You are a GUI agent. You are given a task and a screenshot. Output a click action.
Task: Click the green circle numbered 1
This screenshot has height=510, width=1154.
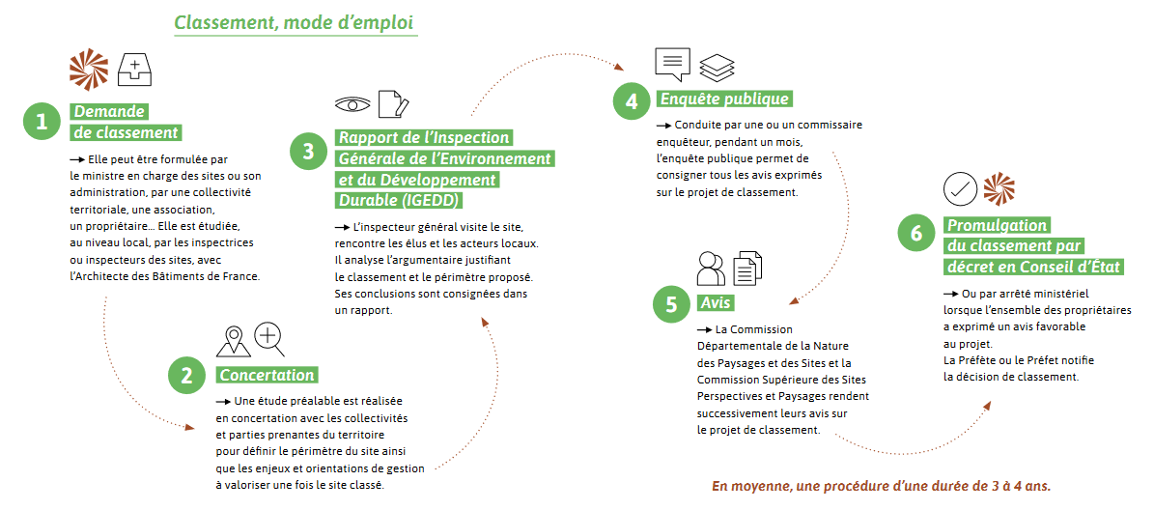[x=42, y=122]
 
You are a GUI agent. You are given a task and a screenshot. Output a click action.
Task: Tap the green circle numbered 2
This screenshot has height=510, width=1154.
[x=187, y=376]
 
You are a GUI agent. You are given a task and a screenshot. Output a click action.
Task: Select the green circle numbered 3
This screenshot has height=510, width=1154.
[x=308, y=152]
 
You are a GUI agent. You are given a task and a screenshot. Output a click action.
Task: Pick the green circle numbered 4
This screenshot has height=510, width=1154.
[x=632, y=100]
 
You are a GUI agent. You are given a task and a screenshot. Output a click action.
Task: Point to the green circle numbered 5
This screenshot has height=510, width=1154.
[x=671, y=304]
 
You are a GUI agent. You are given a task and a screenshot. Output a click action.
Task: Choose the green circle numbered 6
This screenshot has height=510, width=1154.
[x=916, y=234]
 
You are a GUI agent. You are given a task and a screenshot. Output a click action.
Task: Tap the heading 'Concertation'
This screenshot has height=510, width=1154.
[x=267, y=375]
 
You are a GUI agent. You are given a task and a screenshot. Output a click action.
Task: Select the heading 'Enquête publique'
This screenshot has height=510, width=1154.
[x=725, y=99]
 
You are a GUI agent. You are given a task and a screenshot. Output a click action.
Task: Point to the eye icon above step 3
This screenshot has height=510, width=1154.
[x=352, y=103]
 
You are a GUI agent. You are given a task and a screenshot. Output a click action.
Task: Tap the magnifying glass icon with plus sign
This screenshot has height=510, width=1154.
[x=269, y=339]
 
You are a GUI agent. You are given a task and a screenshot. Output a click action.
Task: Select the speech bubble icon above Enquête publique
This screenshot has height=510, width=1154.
[x=673, y=64]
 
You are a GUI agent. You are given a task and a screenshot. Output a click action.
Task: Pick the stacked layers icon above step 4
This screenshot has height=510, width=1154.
[x=717, y=67]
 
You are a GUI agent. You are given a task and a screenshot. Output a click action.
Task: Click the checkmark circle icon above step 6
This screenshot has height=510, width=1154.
[x=961, y=189]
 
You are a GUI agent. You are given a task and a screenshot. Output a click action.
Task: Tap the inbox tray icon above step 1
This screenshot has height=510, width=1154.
[x=134, y=69]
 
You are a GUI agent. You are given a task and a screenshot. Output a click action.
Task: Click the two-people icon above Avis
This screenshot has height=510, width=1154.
[x=711, y=269]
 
